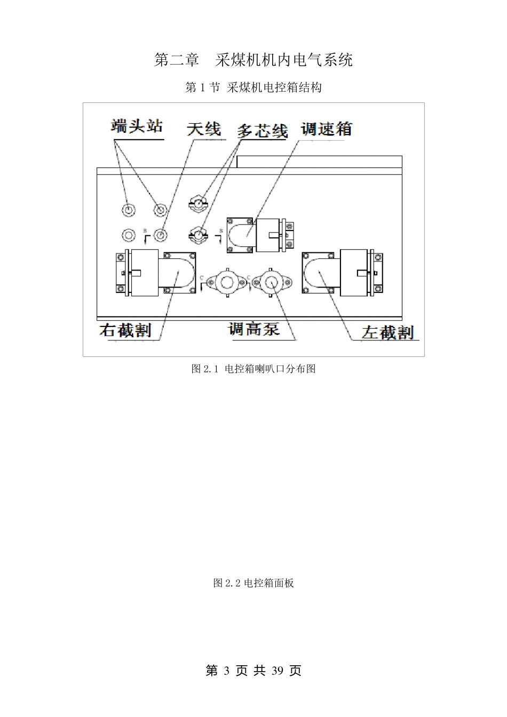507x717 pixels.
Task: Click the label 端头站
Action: point(137,128)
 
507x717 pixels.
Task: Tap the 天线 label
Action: point(203,130)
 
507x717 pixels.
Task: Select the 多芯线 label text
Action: point(263,131)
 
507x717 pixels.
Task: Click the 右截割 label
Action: point(125,330)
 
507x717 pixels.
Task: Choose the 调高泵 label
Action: point(254,329)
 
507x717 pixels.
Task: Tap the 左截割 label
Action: point(387,332)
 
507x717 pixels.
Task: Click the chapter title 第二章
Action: point(177,60)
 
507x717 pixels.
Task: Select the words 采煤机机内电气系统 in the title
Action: point(284,60)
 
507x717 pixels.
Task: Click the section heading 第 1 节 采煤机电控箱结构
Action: point(253,87)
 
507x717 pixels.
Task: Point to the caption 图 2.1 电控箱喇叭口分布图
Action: point(253,369)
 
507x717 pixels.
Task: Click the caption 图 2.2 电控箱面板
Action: point(253,583)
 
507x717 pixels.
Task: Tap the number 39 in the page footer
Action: point(278,671)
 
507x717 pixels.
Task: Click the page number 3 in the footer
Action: point(227,671)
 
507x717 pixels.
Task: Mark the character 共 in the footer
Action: point(259,671)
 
